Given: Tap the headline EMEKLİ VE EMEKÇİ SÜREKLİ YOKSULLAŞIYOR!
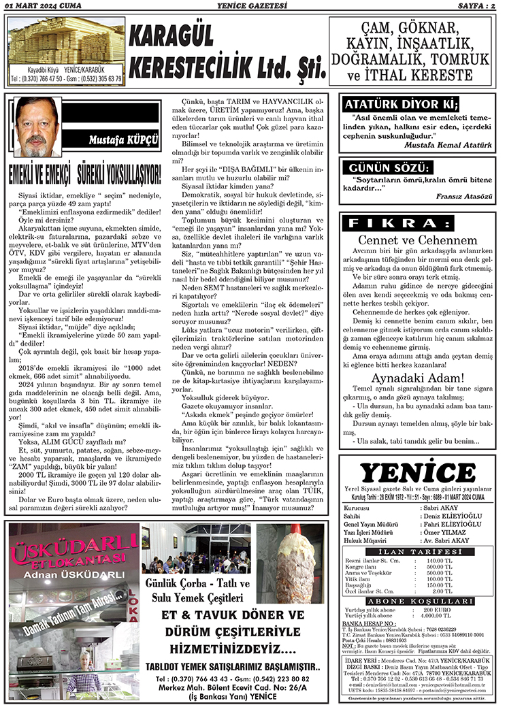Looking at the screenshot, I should [84, 174].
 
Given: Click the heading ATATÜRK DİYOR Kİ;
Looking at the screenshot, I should [400, 105].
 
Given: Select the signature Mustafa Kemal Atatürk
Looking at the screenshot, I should [448, 144].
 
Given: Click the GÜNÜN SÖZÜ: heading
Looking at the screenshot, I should [388, 167].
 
